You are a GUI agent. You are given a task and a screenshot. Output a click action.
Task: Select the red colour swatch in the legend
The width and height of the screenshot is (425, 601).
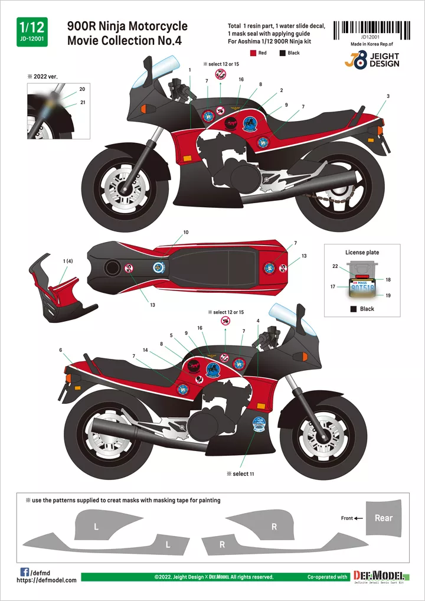[x=253, y=53]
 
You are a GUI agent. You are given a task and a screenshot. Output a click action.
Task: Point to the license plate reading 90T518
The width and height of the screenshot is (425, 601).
[x=362, y=290]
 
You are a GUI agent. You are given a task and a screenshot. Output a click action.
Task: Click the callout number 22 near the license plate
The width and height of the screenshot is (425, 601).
[x=335, y=266]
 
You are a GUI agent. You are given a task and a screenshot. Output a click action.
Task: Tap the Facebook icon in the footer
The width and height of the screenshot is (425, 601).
[x=25, y=571]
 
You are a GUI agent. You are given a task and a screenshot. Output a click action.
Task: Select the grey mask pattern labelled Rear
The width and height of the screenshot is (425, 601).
[x=384, y=518]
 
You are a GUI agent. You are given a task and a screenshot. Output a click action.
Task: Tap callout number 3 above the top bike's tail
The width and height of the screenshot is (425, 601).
[x=388, y=96]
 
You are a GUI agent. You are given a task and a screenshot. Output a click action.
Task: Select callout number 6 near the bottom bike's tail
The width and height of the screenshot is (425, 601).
[x=61, y=350]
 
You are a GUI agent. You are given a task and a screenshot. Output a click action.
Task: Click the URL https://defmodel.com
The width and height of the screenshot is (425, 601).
[x=47, y=580]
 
